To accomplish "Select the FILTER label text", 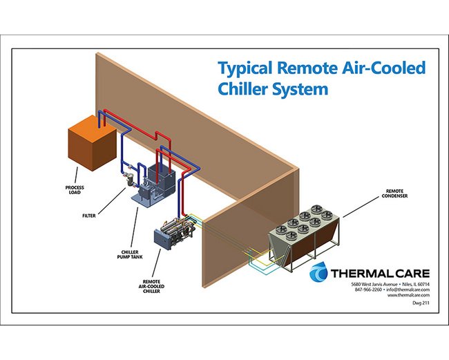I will [87, 215].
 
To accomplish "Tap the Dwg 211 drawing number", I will [419, 305].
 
